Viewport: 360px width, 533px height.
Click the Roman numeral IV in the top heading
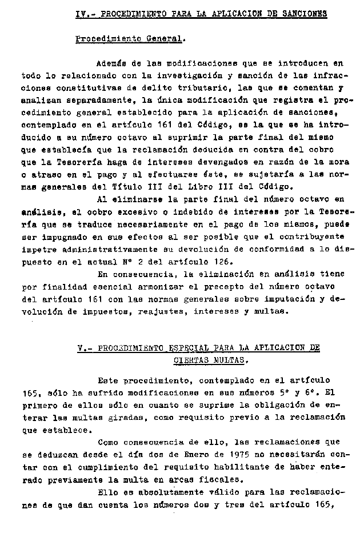pos(81,13)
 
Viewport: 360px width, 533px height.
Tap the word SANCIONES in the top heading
pos(303,13)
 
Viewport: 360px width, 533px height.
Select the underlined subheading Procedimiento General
pos(129,39)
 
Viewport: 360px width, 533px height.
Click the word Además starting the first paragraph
pos(112,64)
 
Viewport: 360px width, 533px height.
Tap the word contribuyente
pos(313,235)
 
